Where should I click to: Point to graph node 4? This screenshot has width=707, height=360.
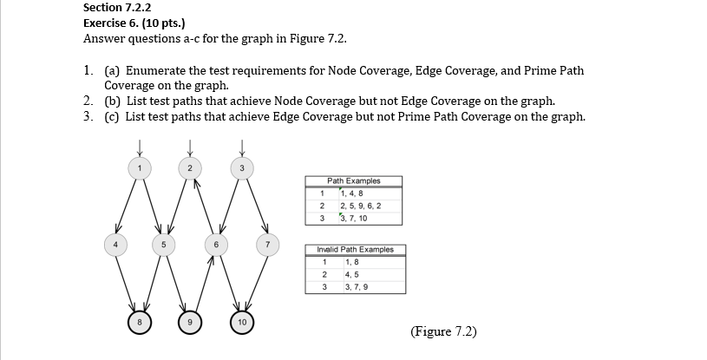click(x=110, y=244)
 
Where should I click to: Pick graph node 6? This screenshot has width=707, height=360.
click(x=216, y=244)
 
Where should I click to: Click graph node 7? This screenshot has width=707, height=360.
click(x=268, y=244)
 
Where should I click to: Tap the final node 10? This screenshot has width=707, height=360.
click(x=242, y=323)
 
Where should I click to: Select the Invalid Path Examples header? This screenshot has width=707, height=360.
click(x=354, y=250)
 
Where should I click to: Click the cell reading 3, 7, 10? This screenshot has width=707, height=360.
click(x=355, y=218)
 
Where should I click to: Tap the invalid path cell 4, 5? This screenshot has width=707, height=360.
click(x=350, y=274)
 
